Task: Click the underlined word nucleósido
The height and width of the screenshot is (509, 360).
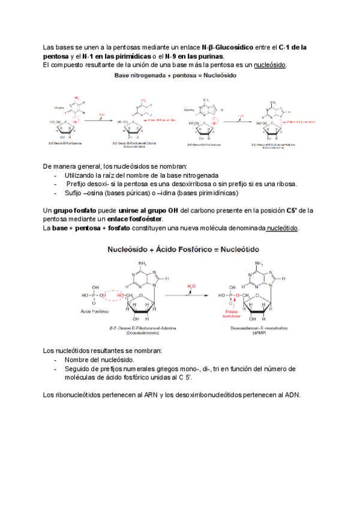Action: click(x=271, y=64)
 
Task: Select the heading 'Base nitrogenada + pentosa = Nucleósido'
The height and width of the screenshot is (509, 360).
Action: click(x=175, y=76)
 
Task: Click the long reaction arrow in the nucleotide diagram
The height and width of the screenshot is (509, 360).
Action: click(x=185, y=295)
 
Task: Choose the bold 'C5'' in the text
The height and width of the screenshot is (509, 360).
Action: click(x=290, y=211)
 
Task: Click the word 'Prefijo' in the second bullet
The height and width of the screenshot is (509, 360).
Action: click(x=78, y=184)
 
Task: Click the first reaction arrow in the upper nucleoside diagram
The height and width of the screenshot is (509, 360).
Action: click(x=98, y=119)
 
